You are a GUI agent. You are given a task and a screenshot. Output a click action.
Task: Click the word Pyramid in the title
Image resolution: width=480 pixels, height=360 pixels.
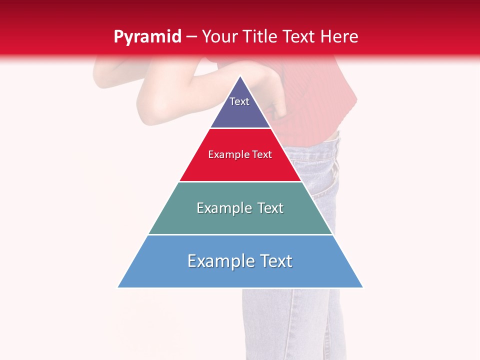click(147, 37)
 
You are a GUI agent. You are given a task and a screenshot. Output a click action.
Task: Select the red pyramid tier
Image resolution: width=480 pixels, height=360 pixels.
click(240, 167)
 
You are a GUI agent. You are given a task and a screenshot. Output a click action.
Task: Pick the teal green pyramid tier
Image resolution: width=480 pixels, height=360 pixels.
click(240, 220)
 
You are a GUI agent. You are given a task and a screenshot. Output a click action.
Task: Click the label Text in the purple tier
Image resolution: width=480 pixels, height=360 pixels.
click(239, 101)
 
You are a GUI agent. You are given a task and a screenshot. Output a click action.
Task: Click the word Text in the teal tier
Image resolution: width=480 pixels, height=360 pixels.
click(267, 208)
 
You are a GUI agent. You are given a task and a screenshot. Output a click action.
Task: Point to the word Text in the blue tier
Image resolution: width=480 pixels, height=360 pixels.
click(275, 261)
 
